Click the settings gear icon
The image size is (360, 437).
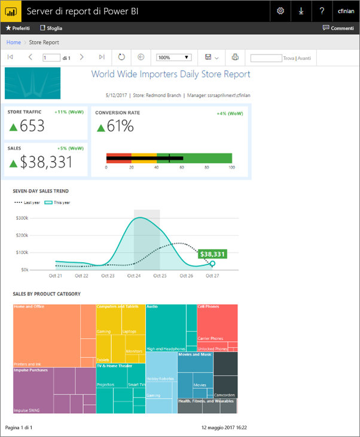tap(280, 11)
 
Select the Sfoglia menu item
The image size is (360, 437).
tap(51, 28)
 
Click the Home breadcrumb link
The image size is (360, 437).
tap(13, 43)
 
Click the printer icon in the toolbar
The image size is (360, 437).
tap(235, 57)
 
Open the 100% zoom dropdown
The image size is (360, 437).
tap(173, 57)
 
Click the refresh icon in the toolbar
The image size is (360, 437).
tap(121, 57)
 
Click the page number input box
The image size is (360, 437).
tap(51, 58)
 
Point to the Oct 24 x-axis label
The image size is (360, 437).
tap(134, 276)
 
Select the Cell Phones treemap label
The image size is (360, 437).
tap(208, 306)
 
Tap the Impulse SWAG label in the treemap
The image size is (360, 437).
tap(27, 410)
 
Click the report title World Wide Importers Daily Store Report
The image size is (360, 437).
tap(170, 74)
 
